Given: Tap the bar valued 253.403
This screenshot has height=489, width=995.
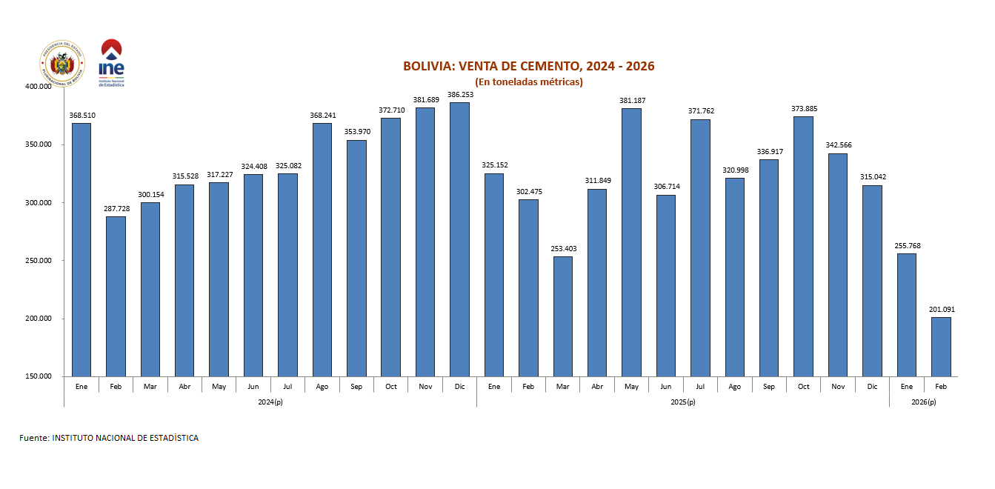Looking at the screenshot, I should tap(563, 316).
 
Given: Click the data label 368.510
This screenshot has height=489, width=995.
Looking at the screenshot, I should tap(82, 115).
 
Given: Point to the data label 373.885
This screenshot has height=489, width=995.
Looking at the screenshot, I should tap(803, 108).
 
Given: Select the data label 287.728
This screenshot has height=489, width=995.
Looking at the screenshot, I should tap(116, 208).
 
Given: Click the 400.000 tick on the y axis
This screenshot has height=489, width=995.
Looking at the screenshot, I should tap(38, 87).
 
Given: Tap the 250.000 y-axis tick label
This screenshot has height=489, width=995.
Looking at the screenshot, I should tap(38, 261).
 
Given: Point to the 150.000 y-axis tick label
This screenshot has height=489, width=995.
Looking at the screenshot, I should tap(38, 377).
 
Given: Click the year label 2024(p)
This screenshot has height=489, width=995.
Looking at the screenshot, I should tap(270, 402).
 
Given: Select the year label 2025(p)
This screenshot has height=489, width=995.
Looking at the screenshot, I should tap(682, 402).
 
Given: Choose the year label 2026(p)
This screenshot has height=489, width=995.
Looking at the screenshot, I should tap(923, 402).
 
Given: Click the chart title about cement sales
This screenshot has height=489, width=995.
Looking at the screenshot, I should tap(528, 67).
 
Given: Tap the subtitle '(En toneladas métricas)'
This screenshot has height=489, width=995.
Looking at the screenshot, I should tap(528, 81).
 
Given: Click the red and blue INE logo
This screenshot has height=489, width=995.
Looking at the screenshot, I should tap(111, 62).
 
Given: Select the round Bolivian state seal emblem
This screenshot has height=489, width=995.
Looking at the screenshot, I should tap(62, 64).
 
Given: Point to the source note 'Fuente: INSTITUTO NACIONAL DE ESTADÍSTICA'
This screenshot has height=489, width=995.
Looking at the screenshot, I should tap(109, 438).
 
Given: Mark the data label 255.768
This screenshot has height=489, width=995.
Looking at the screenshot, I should tap(906, 246).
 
